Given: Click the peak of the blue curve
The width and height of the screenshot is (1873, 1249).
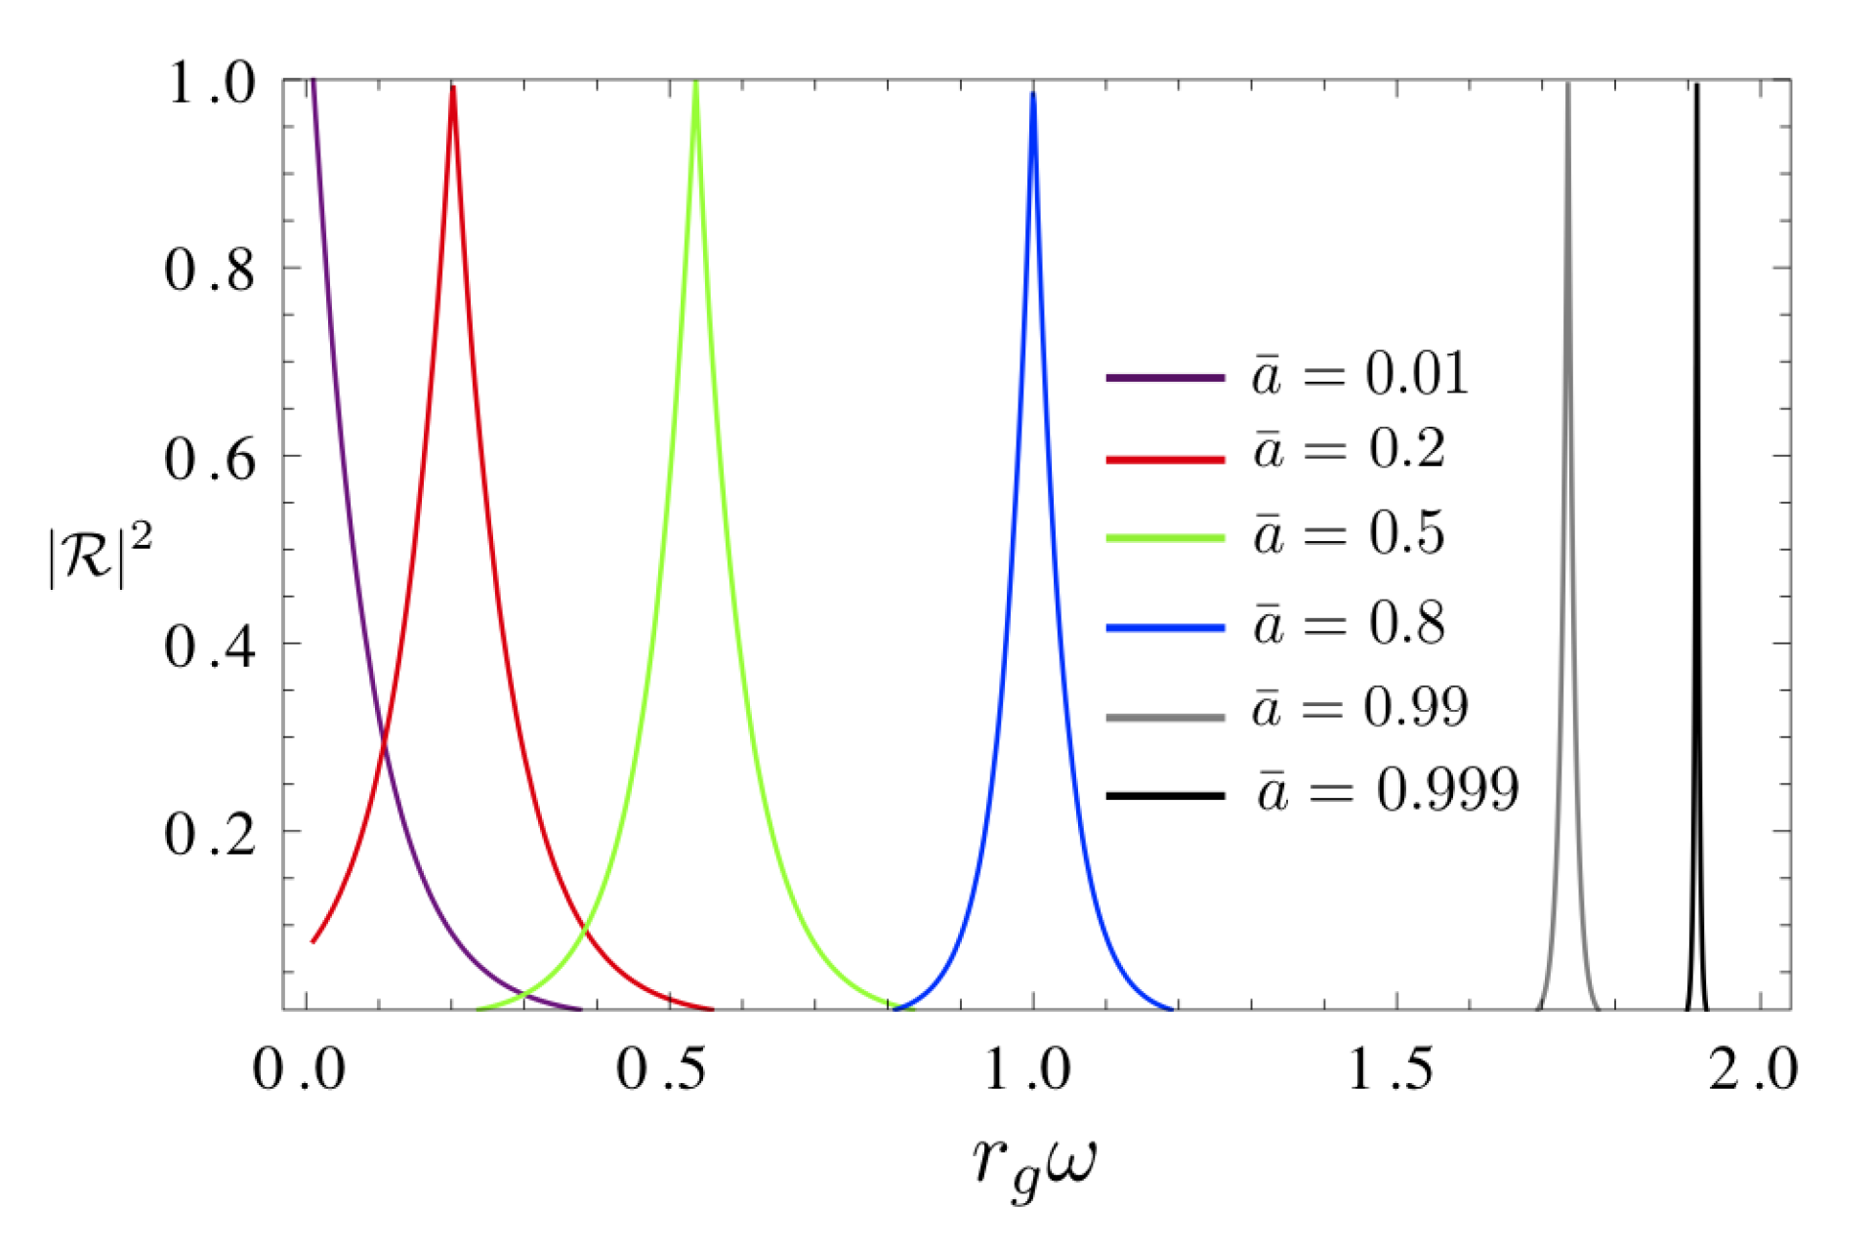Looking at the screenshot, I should (x=1032, y=94).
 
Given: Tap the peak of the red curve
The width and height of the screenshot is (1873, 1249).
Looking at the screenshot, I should (x=452, y=89).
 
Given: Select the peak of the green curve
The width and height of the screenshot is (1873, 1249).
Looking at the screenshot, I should (x=695, y=83).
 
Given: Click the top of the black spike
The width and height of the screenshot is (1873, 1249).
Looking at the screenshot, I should (x=1696, y=87).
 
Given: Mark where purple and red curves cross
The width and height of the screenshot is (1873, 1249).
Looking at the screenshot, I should (x=383, y=747).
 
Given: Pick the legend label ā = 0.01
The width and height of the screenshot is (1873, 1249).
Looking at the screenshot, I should (x=1359, y=374).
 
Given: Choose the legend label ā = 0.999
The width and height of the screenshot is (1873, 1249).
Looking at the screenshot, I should (x=1387, y=790).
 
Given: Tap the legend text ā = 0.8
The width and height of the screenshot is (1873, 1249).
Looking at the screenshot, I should (x=1349, y=623).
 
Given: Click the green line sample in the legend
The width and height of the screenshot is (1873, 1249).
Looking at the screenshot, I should (x=1164, y=538).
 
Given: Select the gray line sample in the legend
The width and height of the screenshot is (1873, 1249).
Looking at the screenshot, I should (x=1164, y=718).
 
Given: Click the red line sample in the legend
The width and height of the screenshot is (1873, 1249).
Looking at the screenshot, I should (x=1164, y=458).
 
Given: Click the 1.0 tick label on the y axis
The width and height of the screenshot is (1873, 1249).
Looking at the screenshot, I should (x=211, y=83).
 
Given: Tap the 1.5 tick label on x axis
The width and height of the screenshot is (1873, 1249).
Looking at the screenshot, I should (x=1391, y=1069).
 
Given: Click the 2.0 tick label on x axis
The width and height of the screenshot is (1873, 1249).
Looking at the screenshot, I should (x=1753, y=1069).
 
